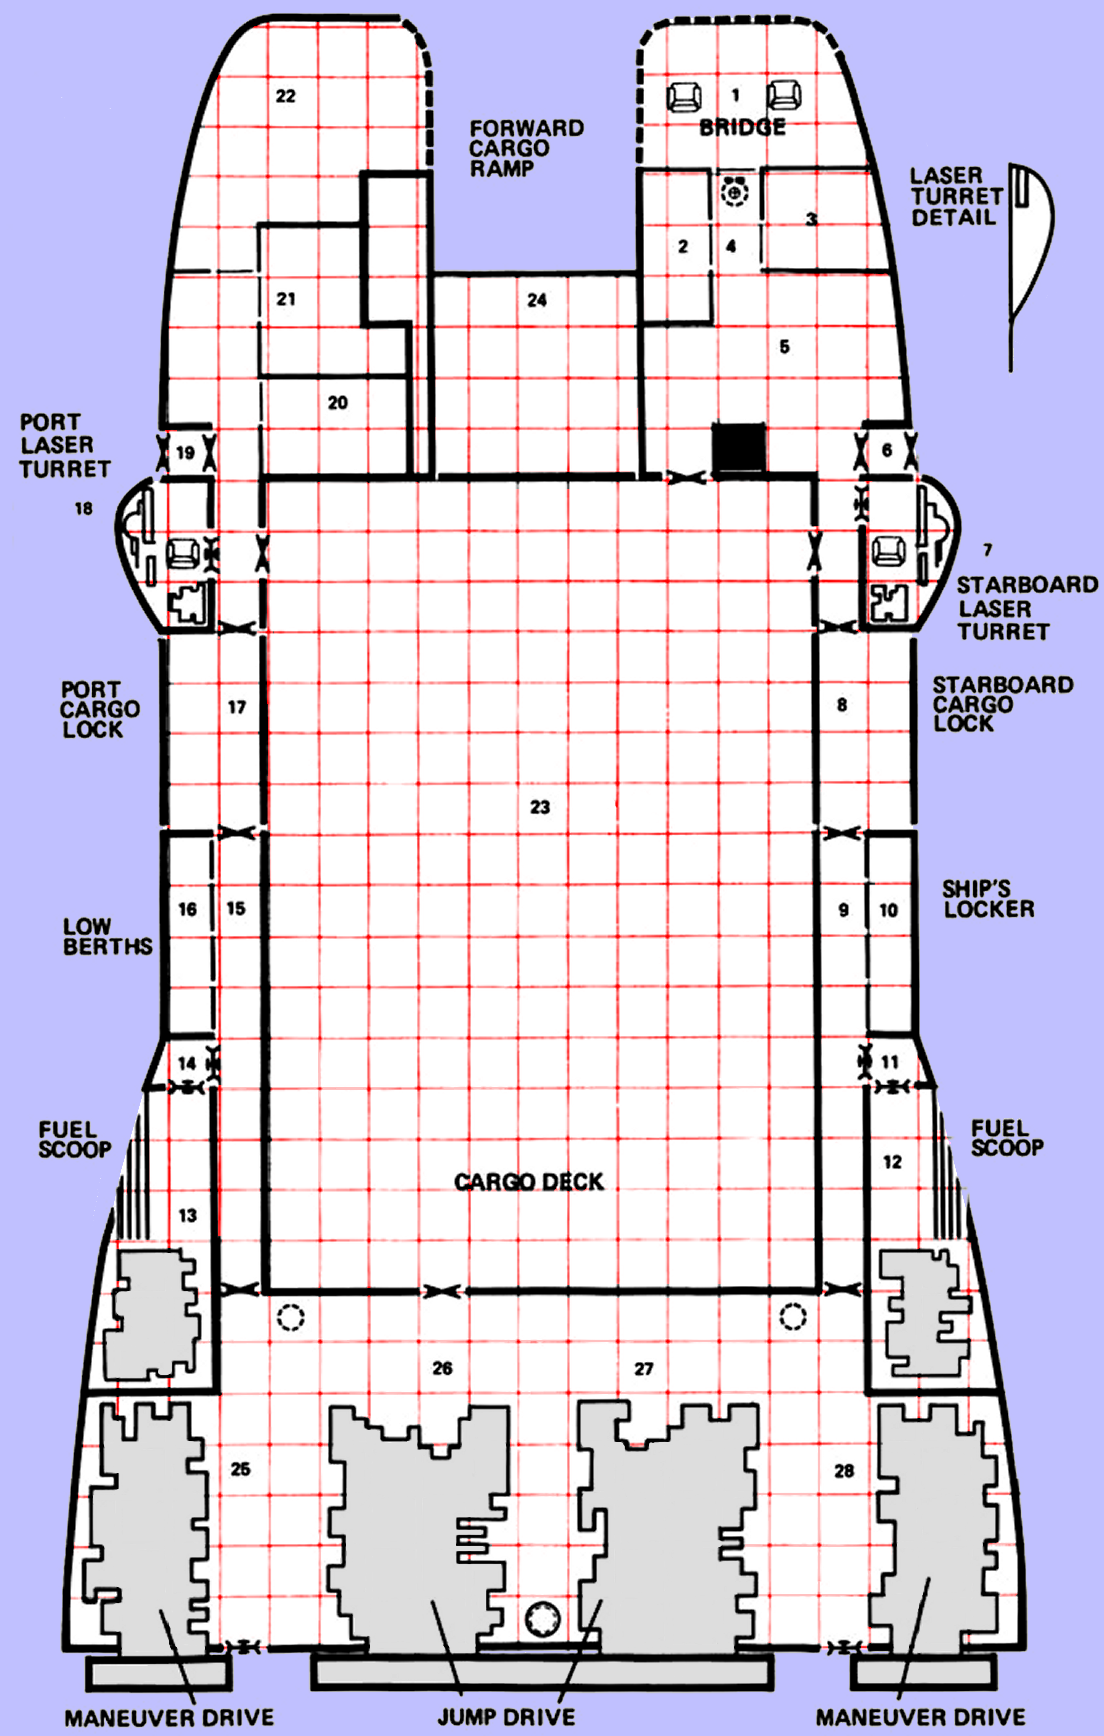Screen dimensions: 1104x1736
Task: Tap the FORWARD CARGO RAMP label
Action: pyautogui.click(x=526, y=149)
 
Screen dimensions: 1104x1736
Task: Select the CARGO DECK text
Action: pyautogui.click(x=529, y=1182)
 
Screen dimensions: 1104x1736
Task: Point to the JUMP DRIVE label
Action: pyautogui.click(x=506, y=1716)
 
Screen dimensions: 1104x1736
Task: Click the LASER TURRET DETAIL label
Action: pyautogui.click(x=956, y=196)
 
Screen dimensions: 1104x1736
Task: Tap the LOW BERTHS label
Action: pyautogui.click(x=107, y=936)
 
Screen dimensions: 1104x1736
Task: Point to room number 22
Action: pyautogui.click(x=285, y=96)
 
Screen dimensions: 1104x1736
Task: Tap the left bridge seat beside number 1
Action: pyautogui.click(x=684, y=96)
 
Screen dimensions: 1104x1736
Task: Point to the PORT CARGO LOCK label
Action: pyautogui.click(x=99, y=709)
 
